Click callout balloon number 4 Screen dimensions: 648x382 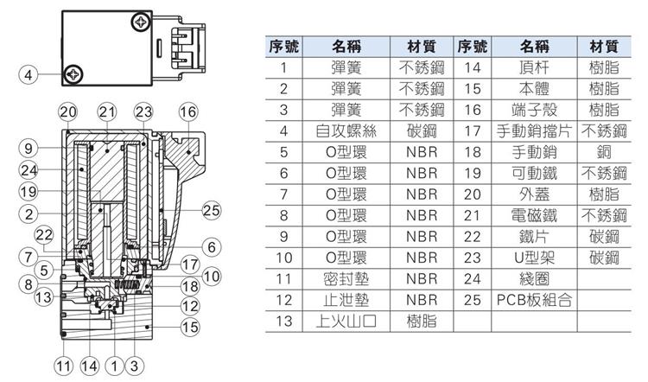[x=29, y=75]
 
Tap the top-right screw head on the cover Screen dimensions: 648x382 [x=141, y=22]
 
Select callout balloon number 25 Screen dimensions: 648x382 [x=211, y=210]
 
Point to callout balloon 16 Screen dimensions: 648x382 [x=188, y=111]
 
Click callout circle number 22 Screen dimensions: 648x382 [x=44, y=235]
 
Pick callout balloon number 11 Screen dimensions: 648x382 [x=64, y=366]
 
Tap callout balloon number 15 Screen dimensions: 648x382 [x=190, y=327]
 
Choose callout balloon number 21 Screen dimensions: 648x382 [x=107, y=111]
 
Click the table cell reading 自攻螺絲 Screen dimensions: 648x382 [x=346, y=131]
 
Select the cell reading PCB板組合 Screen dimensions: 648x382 [x=534, y=300]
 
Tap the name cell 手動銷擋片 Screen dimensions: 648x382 [x=534, y=131]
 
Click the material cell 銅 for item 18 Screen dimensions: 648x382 [x=604, y=152]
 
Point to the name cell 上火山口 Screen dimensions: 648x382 [x=346, y=321]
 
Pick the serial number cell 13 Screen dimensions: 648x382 [x=283, y=321]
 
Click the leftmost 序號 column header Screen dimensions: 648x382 [x=283, y=47]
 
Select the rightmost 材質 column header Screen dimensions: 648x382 [x=604, y=47]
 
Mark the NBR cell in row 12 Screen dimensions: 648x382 [x=422, y=300]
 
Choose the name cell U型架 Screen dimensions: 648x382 [x=534, y=258]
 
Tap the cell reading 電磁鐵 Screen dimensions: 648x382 [x=534, y=215]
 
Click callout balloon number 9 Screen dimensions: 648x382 [x=29, y=148]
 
